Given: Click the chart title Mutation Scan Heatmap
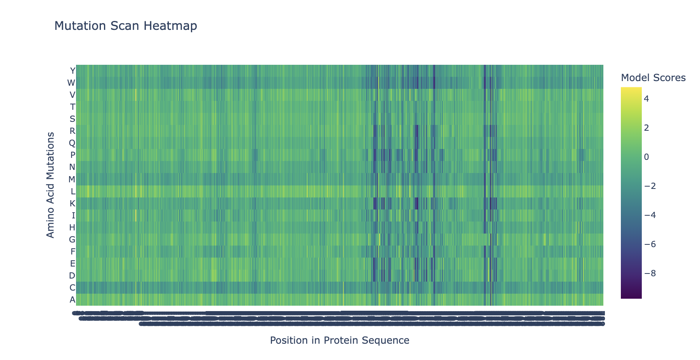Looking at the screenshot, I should [x=125, y=26].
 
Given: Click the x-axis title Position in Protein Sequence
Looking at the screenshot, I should [x=339, y=341].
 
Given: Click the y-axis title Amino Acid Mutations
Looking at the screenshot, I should [x=50, y=185].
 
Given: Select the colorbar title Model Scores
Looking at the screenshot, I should [x=653, y=78].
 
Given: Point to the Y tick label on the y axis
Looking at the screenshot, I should [x=72, y=71].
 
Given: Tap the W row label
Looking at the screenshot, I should [x=71, y=83].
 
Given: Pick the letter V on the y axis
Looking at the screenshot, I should [x=72, y=95].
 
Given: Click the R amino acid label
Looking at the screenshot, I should [x=72, y=131].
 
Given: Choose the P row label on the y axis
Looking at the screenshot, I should [x=72, y=155].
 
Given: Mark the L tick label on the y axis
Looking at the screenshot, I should [x=73, y=191].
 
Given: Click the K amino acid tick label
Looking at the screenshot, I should [x=72, y=203].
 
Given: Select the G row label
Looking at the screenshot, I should [x=72, y=239].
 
